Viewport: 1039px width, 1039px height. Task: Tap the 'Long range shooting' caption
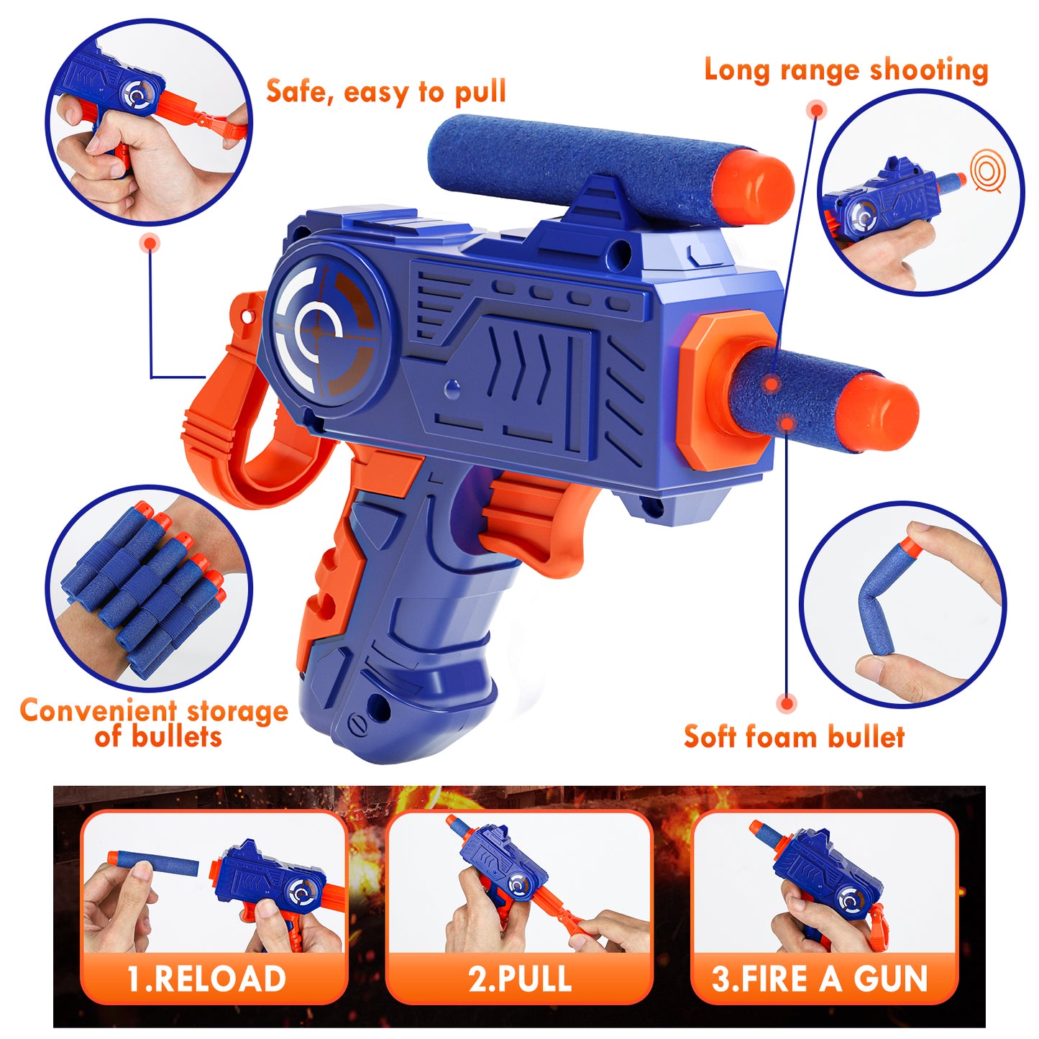click(x=846, y=70)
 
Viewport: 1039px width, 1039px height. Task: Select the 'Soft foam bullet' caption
click(x=795, y=736)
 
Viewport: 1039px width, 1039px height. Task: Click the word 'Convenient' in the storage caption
click(x=99, y=711)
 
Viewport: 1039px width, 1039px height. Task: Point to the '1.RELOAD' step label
click(x=206, y=964)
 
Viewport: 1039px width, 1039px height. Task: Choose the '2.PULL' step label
click(x=520, y=964)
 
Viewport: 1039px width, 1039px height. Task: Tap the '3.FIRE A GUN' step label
click(x=820, y=964)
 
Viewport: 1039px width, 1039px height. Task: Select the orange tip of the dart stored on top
click(x=755, y=186)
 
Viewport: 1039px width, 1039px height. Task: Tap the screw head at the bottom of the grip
click(x=359, y=723)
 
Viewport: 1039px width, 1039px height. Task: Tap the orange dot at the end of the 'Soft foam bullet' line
click(x=787, y=703)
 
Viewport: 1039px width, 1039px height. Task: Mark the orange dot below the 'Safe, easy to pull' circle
click(x=150, y=243)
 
